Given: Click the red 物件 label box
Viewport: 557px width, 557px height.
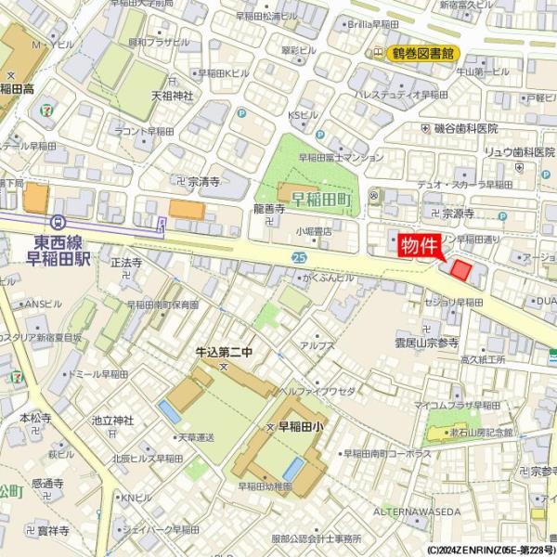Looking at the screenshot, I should (x=419, y=246).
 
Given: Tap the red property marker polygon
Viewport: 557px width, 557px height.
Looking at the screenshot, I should (x=461, y=270).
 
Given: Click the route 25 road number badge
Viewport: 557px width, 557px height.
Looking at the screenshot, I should (x=299, y=257).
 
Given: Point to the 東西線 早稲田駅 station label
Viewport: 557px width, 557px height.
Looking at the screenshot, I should (x=51, y=251).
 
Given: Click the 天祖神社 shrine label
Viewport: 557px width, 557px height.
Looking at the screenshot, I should (x=172, y=95).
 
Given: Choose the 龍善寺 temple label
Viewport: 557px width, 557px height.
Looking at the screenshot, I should (x=268, y=210).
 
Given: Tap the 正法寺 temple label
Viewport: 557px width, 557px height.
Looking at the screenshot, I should (x=125, y=264).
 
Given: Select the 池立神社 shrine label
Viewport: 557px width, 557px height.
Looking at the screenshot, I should (x=112, y=421).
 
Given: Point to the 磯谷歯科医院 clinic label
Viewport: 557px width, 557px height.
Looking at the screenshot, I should (x=466, y=128).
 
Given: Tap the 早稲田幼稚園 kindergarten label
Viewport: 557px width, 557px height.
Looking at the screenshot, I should (x=265, y=486).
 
